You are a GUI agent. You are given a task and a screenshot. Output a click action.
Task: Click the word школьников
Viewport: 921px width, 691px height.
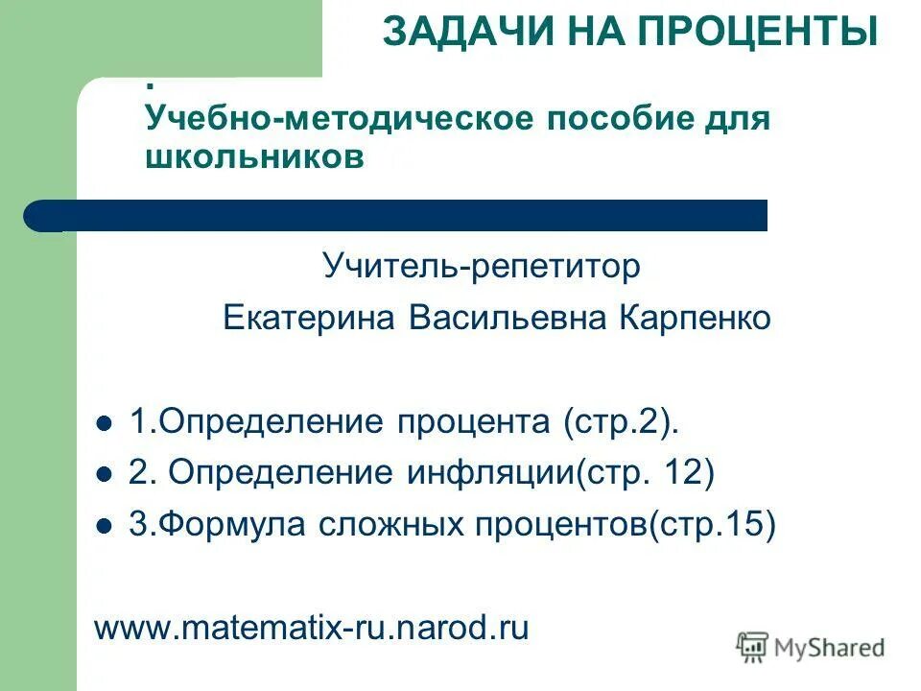255,157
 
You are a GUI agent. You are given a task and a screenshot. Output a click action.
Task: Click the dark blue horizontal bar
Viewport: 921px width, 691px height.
403,216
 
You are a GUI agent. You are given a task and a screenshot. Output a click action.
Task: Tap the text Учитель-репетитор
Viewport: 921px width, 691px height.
482,267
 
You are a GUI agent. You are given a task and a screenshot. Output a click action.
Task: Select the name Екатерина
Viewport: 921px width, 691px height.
309,318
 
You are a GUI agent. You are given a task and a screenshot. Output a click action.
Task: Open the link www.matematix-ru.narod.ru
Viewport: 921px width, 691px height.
312,628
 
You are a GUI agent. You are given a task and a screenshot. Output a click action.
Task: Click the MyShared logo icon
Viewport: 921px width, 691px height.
752,648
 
